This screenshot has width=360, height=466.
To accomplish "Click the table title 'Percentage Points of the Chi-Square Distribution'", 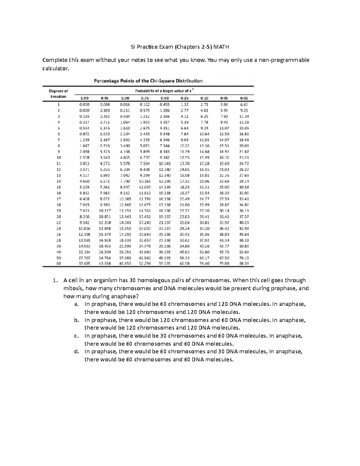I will tap(148, 81).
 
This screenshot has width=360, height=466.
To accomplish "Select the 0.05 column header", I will tap(224, 98).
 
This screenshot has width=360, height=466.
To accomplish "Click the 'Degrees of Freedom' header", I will tap(58, 94).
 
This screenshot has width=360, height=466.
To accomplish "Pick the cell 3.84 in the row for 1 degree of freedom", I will tap(224, 104).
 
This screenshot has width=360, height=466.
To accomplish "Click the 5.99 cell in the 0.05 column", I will tap(224, 110).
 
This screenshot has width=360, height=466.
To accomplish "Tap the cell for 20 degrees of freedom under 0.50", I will tap(165, 216).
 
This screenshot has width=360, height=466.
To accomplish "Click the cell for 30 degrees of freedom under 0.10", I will tap(204, 246).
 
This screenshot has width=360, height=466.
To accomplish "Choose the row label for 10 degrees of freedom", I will tap(58, 158).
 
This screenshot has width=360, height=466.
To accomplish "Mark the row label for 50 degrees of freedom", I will tap(58, 258).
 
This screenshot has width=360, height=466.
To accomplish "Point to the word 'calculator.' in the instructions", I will tap(56, 68).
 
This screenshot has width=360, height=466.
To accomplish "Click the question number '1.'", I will tap(55, 280).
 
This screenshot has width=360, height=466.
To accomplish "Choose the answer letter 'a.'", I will tap(76, 304).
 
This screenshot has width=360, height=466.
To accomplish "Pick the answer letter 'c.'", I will tap(76, 336).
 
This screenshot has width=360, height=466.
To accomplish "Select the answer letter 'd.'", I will tap(76, 351).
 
